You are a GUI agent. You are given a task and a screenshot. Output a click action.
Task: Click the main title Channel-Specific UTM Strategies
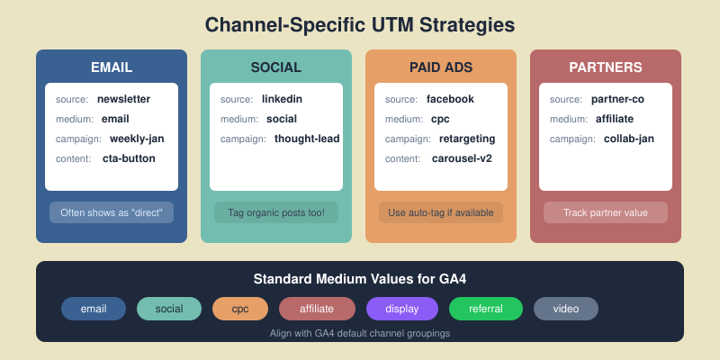click(x=360, y=24)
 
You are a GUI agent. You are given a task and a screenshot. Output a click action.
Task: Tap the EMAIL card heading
click(x=112, y=67)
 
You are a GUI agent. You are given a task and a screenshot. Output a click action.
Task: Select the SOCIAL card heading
click(x=276, y=67)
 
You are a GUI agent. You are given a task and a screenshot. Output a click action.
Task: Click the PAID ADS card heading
click(x=441, y=67)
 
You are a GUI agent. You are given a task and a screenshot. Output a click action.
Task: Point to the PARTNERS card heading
click(x=606, y=67)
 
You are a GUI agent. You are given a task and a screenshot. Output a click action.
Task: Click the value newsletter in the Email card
click(x=123, y=99)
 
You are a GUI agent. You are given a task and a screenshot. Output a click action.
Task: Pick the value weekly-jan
click(x=137, y=139)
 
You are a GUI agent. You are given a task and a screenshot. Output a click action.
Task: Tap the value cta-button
click(x=128, y=158)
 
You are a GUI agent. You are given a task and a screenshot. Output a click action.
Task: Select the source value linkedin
click(x=283, y=99)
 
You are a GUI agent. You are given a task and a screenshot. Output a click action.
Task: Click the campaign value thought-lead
click(x=307, y=139)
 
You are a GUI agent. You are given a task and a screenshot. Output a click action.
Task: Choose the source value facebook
click(x=450, y=99)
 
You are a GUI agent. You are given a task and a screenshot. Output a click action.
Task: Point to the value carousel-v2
click(x=461, y=158)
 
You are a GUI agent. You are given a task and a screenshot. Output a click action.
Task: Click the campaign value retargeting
click(x=467, y=139)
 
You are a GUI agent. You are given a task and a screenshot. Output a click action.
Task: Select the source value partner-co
click(x=617, y=99)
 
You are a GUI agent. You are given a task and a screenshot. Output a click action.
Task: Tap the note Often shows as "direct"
click(x=112, y=212)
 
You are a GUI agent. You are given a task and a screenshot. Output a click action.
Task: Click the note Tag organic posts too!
click(x=276, y=212)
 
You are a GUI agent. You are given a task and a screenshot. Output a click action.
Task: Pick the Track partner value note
click(x=606, y=212)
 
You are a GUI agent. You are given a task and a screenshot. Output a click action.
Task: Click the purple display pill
click(x=401, y=309)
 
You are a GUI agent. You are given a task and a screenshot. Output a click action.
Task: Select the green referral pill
click(x=485, y=309)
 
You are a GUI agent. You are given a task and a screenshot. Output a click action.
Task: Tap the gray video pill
click(x=566, y=309)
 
